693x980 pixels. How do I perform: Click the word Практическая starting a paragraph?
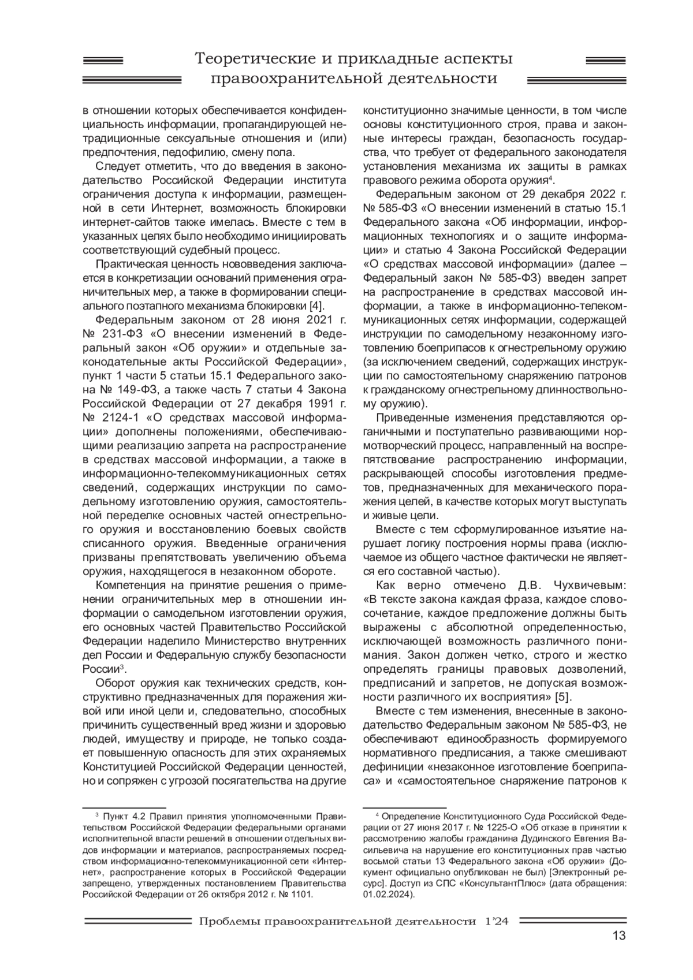click(131, 264)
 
